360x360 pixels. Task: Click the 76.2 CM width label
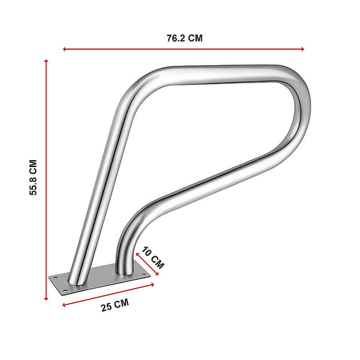point(184,38)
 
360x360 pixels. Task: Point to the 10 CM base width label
point(153,258)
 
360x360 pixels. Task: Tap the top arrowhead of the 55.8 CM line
point(47,61)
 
